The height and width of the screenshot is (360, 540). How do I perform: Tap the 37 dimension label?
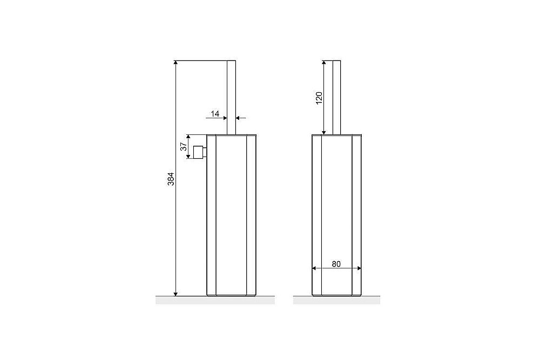tap(184, 146)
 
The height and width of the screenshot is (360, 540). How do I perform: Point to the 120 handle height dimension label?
tap(319, 98)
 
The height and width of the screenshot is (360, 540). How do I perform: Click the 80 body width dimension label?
tap(336, 264)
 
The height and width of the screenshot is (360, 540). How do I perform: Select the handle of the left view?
tap(232, 97)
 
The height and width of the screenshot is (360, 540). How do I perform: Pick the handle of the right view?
tap(336, 97)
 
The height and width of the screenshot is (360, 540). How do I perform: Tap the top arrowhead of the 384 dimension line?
tap(175, 64)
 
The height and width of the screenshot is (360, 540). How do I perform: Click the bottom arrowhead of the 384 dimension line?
tap(175, 293)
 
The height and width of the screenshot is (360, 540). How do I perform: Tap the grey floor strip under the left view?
tap(215, 301)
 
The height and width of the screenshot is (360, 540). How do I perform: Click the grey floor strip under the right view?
tap(336, 301)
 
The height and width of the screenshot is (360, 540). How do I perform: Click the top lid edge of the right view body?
tap(336, 134)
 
